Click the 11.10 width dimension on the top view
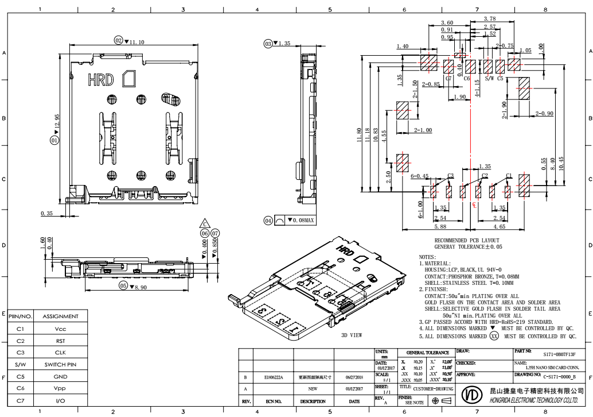(x=136, y=42)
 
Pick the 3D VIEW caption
(x=352, y=334)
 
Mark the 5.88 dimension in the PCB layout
(x=440, y=227)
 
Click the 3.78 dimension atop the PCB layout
(x=490, y=20)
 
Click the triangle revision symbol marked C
(x=204, y=223)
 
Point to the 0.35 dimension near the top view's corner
(x=48, y=214)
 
